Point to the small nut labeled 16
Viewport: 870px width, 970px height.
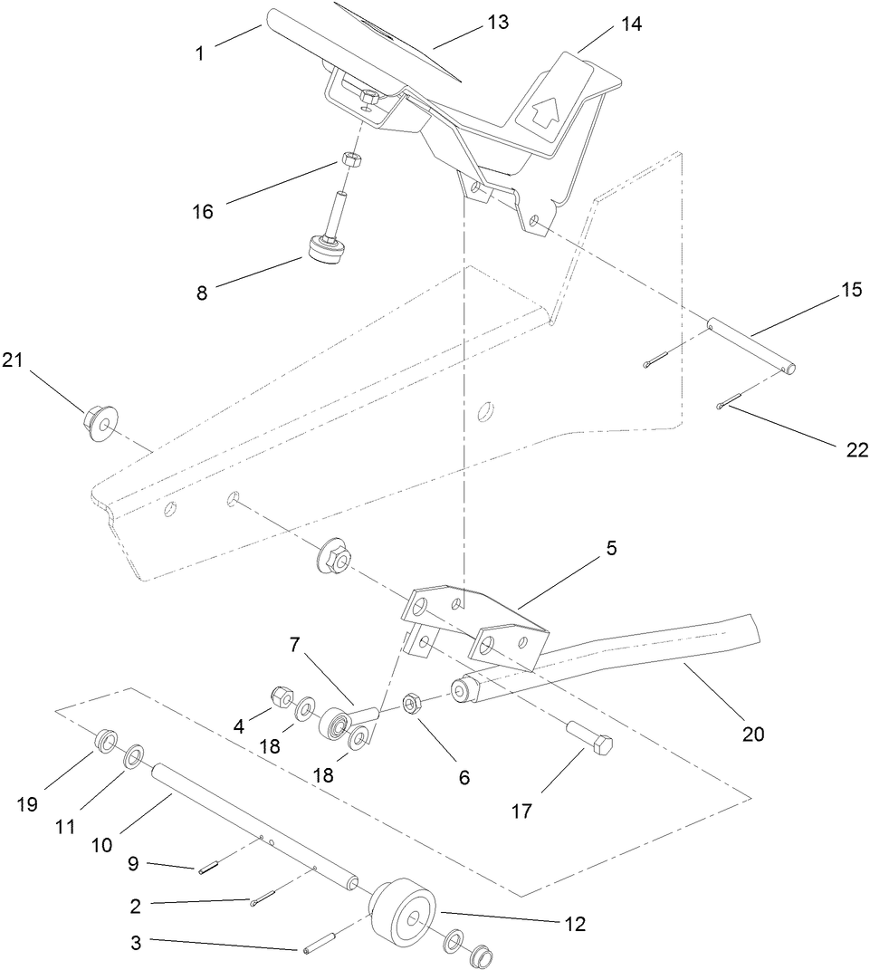point(353,159)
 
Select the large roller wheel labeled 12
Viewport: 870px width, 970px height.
point(404,911)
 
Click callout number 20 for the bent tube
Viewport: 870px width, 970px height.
point(753,735)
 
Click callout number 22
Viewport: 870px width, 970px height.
point(856,450)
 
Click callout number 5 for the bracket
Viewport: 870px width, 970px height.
point(612,549)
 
